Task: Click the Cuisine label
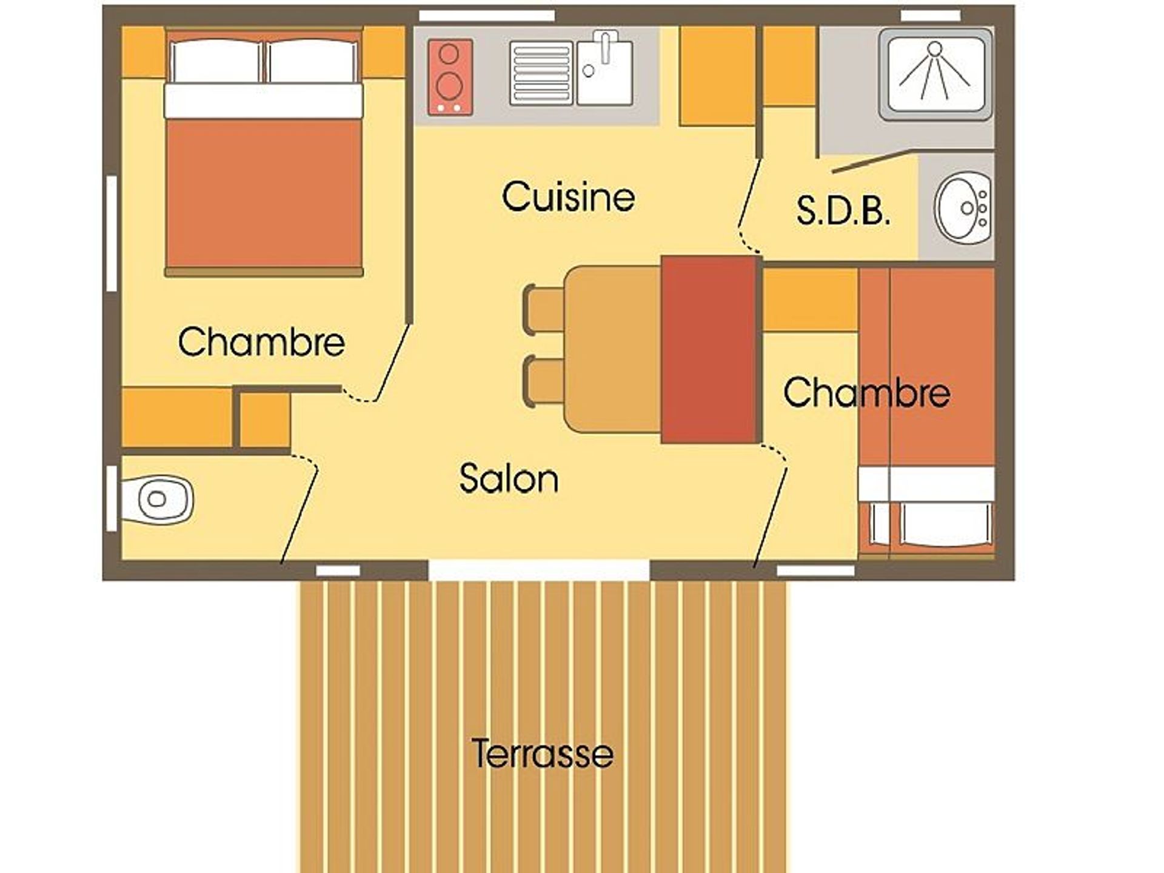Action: point(569,196)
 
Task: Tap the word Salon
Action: point(509,478)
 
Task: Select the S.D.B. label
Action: point(843,210)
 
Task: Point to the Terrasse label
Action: point(543,753)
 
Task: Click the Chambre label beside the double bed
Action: point(261,341)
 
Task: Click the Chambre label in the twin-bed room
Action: point(866,392)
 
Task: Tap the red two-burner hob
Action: point(450,77)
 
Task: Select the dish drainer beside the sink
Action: point(541,73)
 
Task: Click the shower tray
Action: point(935,74)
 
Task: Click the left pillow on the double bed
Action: point(216,61)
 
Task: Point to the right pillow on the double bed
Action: point(312,61)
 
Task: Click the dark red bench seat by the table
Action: point(711,349)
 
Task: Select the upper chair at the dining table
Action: point(544,309)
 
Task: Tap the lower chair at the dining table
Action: point(544,381)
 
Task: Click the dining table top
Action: point(612,349)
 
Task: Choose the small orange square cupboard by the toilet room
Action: point(264,420)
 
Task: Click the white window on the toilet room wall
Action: point(112,498)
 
